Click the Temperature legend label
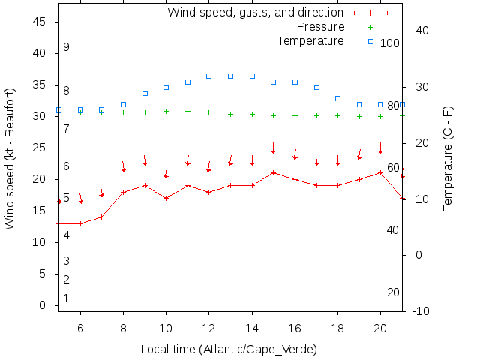310,40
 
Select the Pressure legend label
321,27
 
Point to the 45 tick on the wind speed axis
40,22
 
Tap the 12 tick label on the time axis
209,328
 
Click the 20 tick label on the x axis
380,328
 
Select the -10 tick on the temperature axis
421,311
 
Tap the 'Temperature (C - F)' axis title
448,158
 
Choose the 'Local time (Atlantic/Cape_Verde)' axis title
229,349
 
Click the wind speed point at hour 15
274,172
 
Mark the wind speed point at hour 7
102,217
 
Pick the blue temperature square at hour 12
209,76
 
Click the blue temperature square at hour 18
338,98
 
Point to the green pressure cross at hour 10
166,111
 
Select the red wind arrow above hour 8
123,166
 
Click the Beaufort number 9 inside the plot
66,47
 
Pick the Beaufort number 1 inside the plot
66,298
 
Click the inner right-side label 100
390,43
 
